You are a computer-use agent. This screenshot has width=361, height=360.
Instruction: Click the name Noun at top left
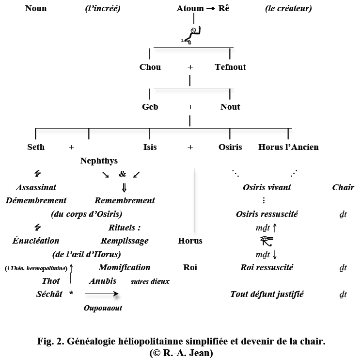(x=36, y=8)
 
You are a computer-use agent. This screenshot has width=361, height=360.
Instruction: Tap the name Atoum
(x=190, y=8)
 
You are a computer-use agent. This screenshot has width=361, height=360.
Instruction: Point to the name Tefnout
(x=230, y=67)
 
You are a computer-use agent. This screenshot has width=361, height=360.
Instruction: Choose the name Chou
(x=150, y=67)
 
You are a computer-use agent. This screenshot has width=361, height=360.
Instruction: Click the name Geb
(x=150, y=107)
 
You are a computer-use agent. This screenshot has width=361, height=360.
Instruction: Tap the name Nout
(x=230, y=107)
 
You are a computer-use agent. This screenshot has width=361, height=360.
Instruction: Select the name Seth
(x=36, y=147)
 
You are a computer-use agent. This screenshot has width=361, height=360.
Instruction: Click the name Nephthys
(x=99, y=161)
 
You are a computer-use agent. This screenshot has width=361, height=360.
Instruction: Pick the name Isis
(x=150, y=147)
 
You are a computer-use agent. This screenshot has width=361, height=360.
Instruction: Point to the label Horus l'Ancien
(x=289, y=147)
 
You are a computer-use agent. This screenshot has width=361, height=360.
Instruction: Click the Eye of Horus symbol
(x=267, y=240)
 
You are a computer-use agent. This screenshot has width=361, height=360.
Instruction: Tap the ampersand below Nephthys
(x=122, y=173)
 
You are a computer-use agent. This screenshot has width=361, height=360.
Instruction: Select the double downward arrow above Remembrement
(x=124, y=187)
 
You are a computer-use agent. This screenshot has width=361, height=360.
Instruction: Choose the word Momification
(x=125, y=267)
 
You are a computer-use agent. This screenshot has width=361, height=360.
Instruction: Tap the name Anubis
(x=102, y=280)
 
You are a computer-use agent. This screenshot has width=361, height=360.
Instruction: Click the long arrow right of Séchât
(x=101, y=294)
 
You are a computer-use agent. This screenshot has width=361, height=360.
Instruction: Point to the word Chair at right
(x=343, y=187)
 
